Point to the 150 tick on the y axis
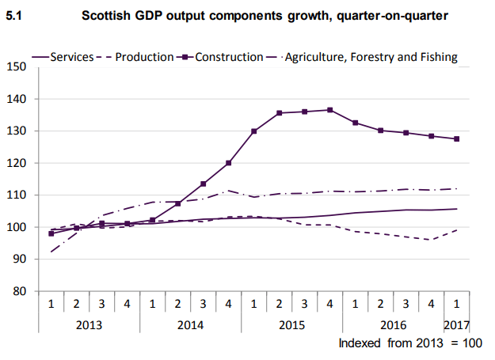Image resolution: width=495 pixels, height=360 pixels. (x=17, y=67)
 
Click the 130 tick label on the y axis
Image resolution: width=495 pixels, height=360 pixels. (x=17, y=131)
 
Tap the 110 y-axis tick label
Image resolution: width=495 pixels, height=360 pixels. (x=17, y=195)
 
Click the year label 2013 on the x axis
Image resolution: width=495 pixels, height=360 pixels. (x=89, y=324)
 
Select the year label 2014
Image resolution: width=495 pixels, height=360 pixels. (x=190, y=324)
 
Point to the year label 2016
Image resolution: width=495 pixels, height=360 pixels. (x=393, y=324)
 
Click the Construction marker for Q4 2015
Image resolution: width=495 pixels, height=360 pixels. (x=329, y=110)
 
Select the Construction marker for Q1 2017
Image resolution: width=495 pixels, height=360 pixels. (x=457, y=139)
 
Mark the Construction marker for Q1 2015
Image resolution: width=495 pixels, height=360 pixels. (x=253, y=131)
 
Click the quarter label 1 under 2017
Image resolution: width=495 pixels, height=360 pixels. (x=457, y=305)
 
